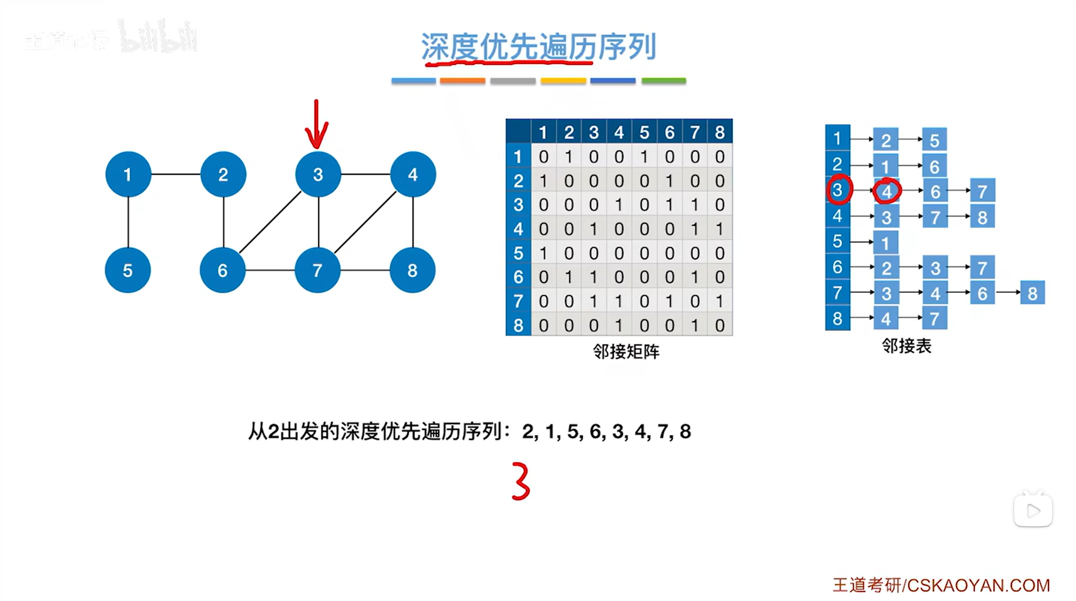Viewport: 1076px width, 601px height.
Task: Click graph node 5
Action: [x=128, y=270]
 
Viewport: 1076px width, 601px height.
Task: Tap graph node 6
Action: [x=222, y=270]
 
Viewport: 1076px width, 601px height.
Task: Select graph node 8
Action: [x=412, y=270]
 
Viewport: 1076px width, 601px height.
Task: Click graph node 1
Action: [x=128, y=174]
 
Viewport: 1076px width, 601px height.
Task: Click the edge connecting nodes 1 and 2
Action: [x=176, y=174]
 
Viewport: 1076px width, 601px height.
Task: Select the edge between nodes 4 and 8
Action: [x=413, y=222]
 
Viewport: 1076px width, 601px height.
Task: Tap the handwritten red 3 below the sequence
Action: [x=521, y=481]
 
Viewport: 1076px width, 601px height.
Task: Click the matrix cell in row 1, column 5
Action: [x=644, y=157]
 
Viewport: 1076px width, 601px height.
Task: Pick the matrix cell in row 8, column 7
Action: [x=695, y=325]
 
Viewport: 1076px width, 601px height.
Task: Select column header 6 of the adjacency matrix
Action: [x=669, y=132]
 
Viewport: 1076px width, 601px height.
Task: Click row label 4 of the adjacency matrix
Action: [x=518, y=229]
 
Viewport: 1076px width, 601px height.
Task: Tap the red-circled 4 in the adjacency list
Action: [x=886, y=192]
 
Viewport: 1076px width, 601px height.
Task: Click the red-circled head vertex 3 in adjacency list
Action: [x=837, y=190]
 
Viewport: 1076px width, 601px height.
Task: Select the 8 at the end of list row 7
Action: [x=1032, y=293]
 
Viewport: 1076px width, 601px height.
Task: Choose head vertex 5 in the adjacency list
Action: [x=837, y=242]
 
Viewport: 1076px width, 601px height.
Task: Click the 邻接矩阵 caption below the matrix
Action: [x=626, y=351]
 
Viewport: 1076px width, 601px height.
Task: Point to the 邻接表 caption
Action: [x=907, y=345]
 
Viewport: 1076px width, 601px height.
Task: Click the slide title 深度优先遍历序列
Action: [x=538, y=46]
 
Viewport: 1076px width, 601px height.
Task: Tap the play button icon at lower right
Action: [x=1033, y=511]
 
